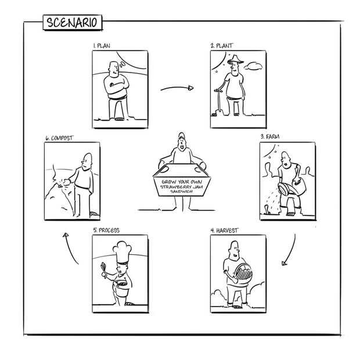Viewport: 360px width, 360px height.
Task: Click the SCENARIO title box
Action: pos(73,23)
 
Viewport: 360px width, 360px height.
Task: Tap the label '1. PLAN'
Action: pos(103,45)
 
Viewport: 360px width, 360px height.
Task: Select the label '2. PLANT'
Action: pos(223,45)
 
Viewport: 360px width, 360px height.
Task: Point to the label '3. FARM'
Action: pos(270,136)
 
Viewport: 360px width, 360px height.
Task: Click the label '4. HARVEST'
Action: pos(224,231)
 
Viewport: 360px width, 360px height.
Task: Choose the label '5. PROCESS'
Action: pos(106,231)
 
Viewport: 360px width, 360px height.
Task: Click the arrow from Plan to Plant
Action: pos(177,88)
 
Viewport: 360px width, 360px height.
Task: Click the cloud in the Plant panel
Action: pos(253,68)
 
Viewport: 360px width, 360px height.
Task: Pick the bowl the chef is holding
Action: pos(120,285)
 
